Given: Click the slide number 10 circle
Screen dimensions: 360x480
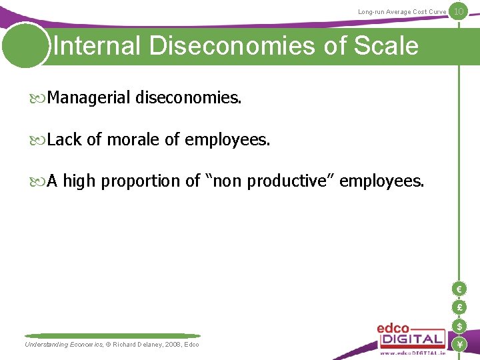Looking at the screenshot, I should point(458,11).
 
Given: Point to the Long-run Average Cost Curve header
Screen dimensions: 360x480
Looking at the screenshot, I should point(402,12).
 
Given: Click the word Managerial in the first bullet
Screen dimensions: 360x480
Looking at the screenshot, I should point(89,99).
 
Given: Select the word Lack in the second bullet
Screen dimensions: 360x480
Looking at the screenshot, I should point(65,140).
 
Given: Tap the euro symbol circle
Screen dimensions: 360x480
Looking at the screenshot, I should point(459,289).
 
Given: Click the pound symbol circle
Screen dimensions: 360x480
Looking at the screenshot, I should point(459,307).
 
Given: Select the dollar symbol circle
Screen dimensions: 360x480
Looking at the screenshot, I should point(459,326).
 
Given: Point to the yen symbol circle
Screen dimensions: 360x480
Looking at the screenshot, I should point(459,344).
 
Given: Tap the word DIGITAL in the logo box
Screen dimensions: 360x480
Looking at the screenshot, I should point(411,339).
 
